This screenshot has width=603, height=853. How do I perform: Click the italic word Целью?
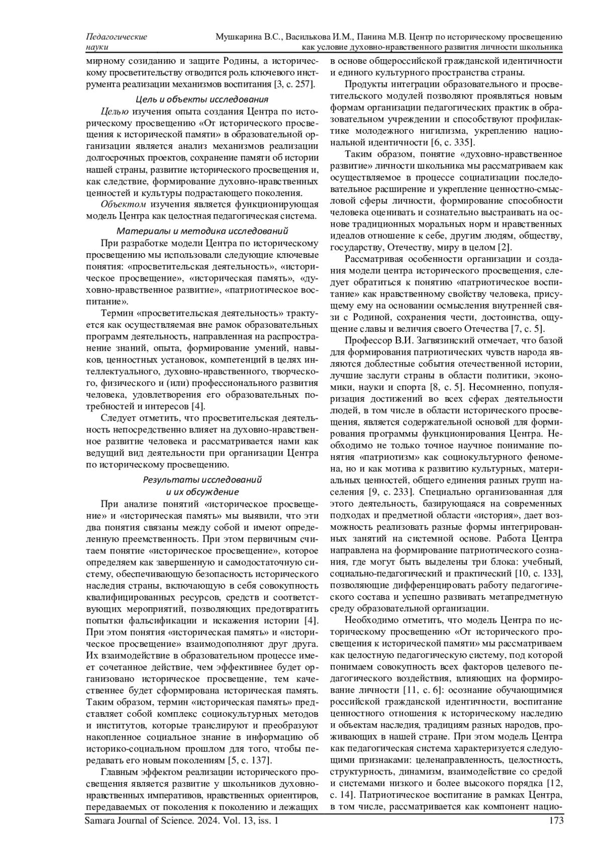[x=115, y=111]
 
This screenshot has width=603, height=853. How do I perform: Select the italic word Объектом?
[x=123, y=204]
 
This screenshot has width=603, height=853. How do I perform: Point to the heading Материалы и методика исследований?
[x=202, y=231]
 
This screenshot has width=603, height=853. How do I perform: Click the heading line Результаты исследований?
[x=202, y=480]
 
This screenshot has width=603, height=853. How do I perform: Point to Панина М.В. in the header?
[x=382, y=37]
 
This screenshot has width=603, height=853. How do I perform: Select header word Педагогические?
[x=117, y=37]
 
